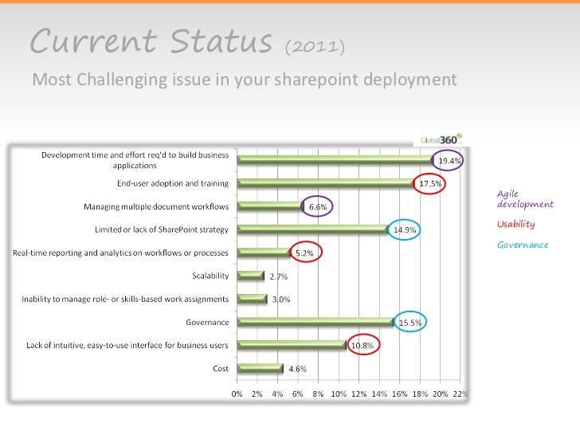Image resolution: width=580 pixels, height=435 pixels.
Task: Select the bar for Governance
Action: click(316, 322)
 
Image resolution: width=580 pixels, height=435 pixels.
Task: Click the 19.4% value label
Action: click(450, 160)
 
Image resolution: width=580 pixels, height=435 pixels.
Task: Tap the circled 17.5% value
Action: click(431, 183)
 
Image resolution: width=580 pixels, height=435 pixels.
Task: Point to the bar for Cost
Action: click(261, 368)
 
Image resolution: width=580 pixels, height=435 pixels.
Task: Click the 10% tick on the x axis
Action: click(339, 393)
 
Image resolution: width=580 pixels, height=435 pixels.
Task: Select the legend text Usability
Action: click(515, 224)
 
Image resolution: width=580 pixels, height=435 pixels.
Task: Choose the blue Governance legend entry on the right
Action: click(523, 245)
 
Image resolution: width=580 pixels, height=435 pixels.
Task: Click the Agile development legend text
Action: click(524, 198)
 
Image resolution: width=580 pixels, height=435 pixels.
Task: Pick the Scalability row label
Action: click(210, 276)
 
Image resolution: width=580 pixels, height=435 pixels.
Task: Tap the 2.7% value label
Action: click(279, 276)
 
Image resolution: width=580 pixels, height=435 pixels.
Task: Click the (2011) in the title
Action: click(315, 48)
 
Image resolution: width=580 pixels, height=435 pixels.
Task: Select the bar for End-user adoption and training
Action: click(325, 183)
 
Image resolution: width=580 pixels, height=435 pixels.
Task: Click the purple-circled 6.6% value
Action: click(317, 206)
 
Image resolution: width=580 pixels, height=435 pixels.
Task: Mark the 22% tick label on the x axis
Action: click(460, 393)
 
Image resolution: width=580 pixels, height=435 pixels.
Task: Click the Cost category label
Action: click(221, 368)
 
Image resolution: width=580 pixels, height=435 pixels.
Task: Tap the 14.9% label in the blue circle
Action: click(406, 229)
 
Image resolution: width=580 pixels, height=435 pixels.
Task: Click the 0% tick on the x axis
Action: click(237, 393)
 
